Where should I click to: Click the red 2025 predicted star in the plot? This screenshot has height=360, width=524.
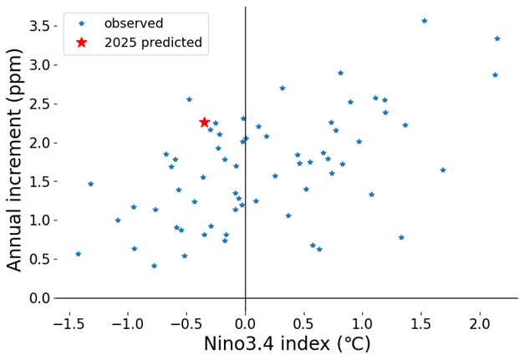coord(205,122)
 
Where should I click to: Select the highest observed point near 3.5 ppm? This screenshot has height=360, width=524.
coord(425,21)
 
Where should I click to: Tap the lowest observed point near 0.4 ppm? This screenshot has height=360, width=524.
coord(154,266)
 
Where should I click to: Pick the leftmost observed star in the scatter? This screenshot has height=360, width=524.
coord(79,254)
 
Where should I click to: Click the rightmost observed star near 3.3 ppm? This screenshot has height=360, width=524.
coord(497,38)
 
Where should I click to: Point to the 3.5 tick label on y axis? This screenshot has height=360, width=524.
coord(38,26)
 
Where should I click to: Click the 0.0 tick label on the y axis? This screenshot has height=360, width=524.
coord(38,298)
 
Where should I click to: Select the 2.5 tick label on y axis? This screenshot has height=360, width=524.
coord(38,104)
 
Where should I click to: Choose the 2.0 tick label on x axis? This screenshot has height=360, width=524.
coord(480,324)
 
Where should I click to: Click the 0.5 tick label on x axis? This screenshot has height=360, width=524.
coord(303,324)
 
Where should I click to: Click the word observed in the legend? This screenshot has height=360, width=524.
coord(134,23)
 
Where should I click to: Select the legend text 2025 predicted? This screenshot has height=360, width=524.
coord(154,43)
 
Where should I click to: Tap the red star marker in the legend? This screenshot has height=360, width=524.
coord(82,43)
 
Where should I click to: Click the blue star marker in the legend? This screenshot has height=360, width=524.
coord(81,23)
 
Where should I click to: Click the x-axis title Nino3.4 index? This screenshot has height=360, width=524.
coord(267,344)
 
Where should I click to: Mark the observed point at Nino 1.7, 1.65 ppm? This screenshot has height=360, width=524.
coord(443,170)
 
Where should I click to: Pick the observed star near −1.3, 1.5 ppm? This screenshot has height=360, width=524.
coord(90,184)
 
